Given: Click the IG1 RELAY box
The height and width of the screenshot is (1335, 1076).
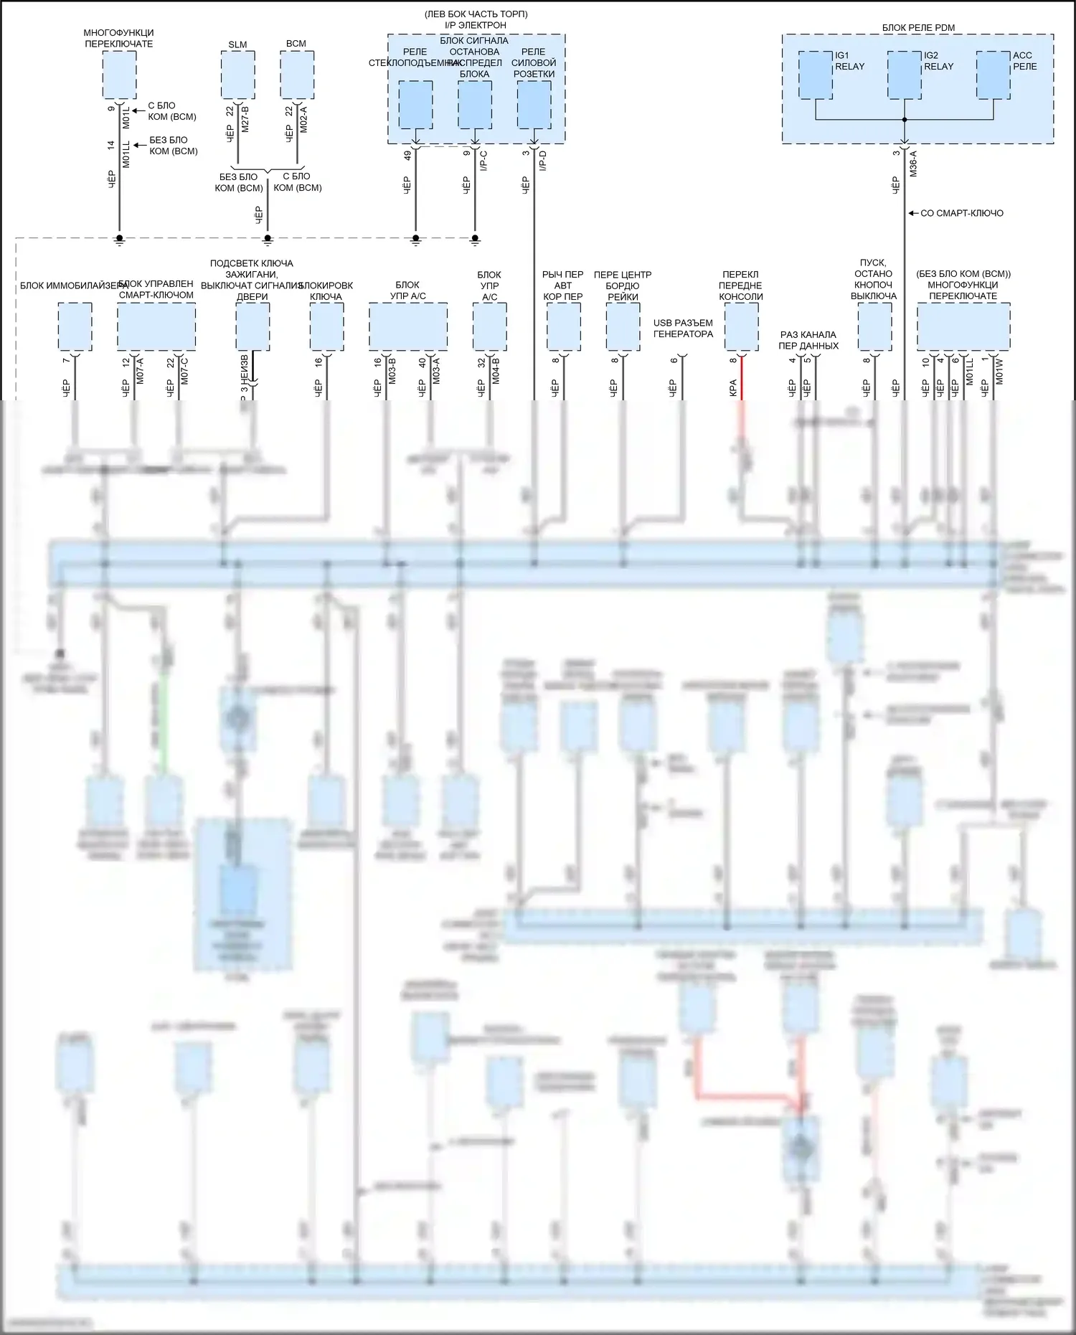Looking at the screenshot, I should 816,75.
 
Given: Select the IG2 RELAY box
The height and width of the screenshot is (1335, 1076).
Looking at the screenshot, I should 904,75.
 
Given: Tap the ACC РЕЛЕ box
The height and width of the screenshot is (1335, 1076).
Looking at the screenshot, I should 994,75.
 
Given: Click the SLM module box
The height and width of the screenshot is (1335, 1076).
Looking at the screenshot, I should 237,75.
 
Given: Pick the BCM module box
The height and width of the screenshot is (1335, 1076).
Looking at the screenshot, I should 296,75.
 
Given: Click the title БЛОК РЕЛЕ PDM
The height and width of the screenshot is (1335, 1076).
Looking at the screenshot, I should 918,28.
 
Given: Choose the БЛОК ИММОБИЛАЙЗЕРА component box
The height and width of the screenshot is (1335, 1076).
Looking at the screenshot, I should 75,326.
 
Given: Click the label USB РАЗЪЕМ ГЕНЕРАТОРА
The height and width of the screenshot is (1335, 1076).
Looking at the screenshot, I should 683,329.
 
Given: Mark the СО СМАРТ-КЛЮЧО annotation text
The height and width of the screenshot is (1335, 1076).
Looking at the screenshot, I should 961,213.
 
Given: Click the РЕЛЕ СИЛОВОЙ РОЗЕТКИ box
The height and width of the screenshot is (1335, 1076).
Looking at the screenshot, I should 534,105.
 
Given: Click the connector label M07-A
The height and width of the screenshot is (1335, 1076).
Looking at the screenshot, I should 140,371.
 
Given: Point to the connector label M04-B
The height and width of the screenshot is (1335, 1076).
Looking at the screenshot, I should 496,371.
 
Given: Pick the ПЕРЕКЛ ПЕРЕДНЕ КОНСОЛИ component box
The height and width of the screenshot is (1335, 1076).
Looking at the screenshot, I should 741,326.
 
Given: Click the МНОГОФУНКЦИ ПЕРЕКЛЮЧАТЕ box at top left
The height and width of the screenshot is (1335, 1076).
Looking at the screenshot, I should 119,75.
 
